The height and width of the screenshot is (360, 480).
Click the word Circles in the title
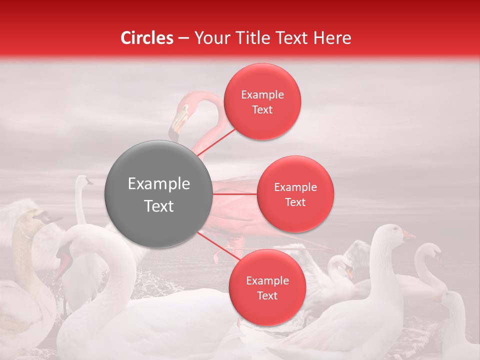click(x=147, y=38)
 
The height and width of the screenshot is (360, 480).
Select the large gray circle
click(x=158, y=194)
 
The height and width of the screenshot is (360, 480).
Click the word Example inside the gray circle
click(x=158, y=184)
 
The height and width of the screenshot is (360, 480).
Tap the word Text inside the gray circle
click(x=158, y=206)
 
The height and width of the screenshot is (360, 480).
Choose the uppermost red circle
click(x=262, y=101)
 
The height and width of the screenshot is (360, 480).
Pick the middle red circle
click(x=295, y=194)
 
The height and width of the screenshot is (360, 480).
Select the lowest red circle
click(x=267, y=287)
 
